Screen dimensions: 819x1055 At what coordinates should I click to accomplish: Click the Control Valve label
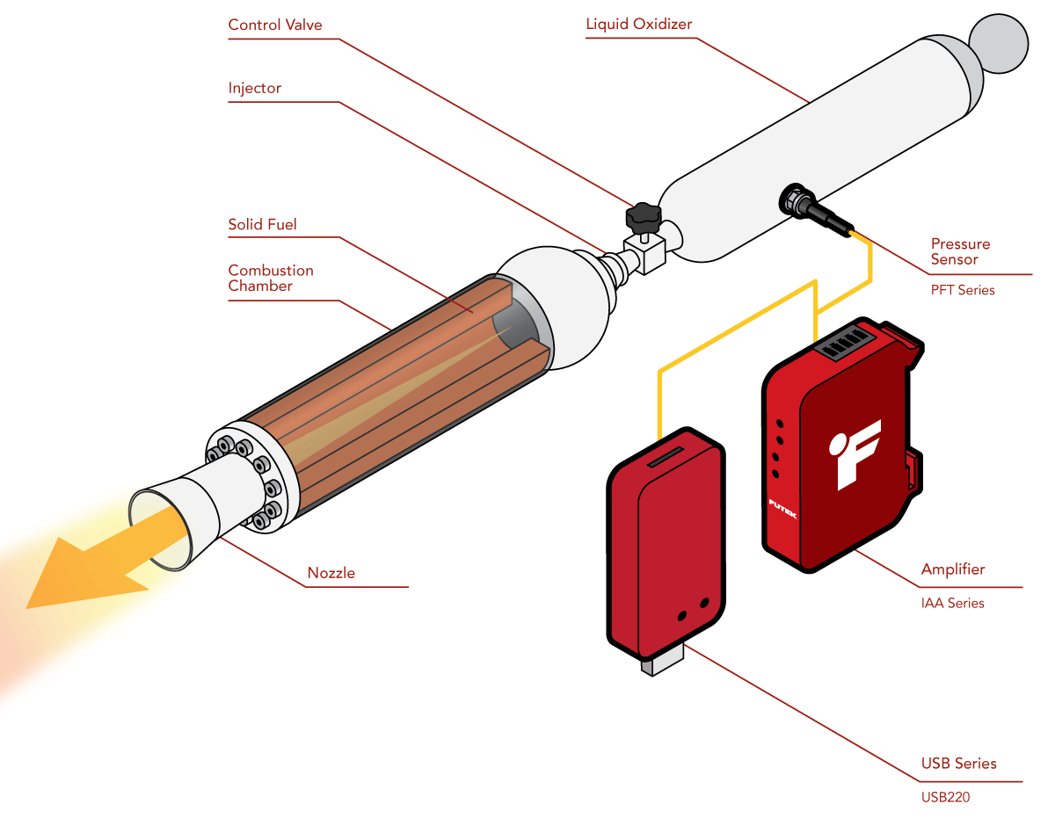click(274, 25)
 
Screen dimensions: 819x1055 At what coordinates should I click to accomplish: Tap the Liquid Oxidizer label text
click(638, 24)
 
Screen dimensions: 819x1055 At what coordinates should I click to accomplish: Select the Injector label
click(254, 88)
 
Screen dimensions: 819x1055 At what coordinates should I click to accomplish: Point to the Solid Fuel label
click(262, 224)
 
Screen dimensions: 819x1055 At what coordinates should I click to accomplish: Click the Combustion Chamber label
click(270, 278)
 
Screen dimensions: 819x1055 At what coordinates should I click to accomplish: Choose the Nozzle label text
click(331, 573)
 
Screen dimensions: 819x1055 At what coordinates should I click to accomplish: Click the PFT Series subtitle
click(963, 290)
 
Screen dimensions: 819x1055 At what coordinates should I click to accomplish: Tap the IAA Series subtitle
click(952, 604)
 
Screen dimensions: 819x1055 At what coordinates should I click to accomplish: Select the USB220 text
click(945, 798)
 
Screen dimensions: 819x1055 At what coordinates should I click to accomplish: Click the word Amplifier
click(952, 569)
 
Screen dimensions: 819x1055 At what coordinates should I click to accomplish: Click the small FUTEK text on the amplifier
click(782, 509)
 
